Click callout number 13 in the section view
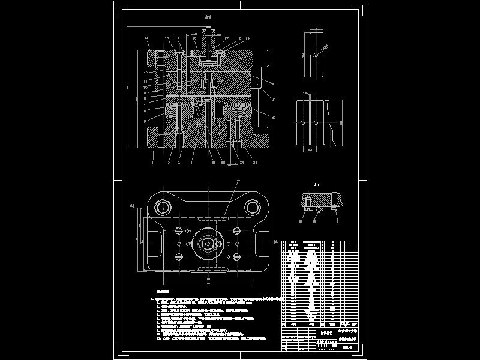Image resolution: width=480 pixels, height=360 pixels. point(146,38)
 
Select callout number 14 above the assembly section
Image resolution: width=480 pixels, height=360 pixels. point(167,38)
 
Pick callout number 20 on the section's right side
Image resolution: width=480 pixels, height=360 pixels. point(273,83)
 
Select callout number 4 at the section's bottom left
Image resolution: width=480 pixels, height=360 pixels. point(152,162)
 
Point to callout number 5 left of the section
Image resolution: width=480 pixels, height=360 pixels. point(145,121)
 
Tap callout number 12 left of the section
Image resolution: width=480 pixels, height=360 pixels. point(145,73)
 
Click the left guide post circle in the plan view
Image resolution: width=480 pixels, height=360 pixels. point(163,208)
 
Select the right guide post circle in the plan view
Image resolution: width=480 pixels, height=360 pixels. point(253,208)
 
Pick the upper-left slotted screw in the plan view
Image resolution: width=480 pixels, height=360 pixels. point(179,230)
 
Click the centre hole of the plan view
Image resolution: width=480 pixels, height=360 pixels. point(208,244)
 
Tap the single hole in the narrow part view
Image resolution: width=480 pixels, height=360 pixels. point(314,55)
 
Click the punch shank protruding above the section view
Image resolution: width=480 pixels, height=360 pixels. point(208,42)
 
